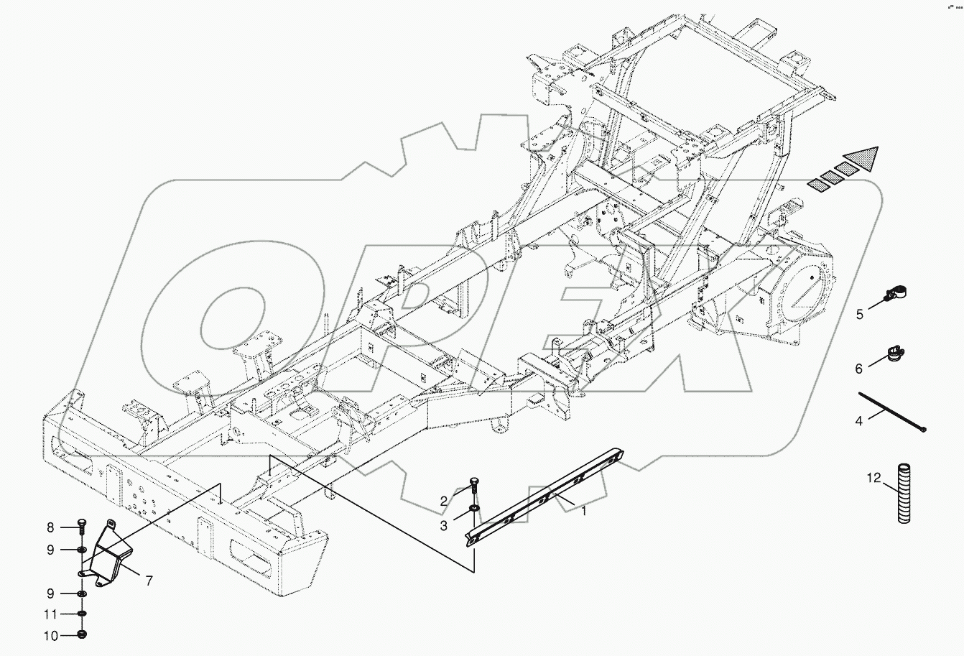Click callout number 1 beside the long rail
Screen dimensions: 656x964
pos(584,511)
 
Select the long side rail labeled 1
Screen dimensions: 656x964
pos(546,496)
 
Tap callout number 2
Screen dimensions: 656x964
pos(444,500)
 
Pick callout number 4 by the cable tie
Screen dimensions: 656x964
pos(859,421)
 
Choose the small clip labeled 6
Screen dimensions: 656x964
pos(894,353)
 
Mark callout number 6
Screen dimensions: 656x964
pos(859,369)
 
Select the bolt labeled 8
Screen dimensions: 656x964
pos(82,528)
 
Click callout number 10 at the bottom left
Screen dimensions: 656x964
pos(51,635)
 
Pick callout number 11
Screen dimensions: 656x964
pos(51,615)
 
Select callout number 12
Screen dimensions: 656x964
pos(872,477)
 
